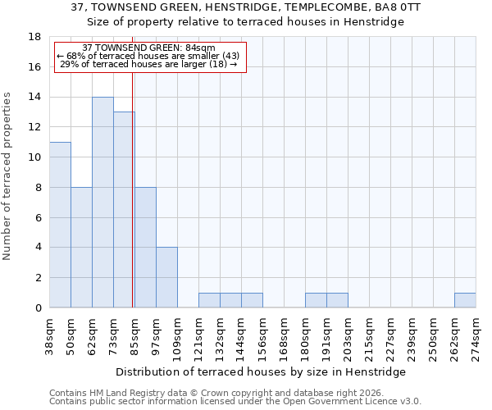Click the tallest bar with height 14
(102, 203)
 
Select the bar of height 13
(124, 210)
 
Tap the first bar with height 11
(60, 225)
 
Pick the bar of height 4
(166, 277)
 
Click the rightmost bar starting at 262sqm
(465, 300)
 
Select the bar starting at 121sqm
(209, 300)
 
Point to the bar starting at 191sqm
(337, 300)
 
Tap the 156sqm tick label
(263, 335)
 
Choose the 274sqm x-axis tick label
(476, 335)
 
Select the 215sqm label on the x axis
(370, 335)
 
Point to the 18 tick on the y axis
(35, 37)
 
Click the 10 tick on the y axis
(35, 157)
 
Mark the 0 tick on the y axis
(38, 307)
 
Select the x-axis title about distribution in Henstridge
(266, 371)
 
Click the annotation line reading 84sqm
(149, 48)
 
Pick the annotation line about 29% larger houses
(148, 64)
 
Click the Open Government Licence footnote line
(235, 402)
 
